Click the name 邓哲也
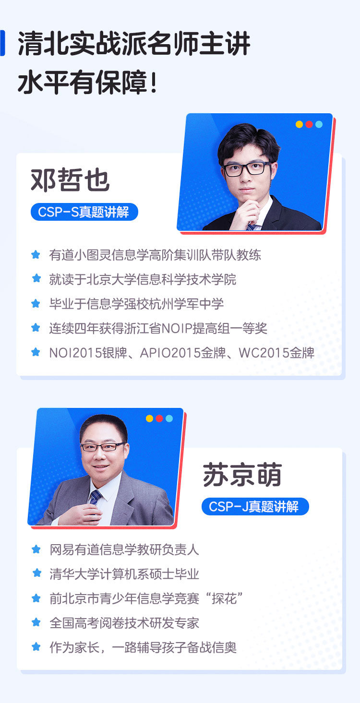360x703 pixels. [70, 179]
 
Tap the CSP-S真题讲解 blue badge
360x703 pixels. [84, 212]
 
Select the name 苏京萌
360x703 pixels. [242, 475]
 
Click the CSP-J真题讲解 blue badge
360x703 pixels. [255, 506]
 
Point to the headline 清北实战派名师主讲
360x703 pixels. [134, 44]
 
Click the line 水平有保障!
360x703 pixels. [87, 83]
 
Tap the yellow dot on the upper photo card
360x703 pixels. [299, 124]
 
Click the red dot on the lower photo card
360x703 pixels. [159, 418]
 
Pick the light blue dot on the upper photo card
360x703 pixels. [319, 124]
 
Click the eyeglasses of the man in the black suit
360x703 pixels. [247, 169]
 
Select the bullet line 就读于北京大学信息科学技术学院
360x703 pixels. [143, 279]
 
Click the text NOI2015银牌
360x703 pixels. [88, 353]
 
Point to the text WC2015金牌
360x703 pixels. [276, 353]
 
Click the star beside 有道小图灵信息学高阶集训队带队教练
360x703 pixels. [36, 254]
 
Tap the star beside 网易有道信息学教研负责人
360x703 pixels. [36, 549]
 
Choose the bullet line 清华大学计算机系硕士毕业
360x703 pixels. [124, 574]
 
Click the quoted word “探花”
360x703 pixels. [224, 598]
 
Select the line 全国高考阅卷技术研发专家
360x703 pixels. [124, 623]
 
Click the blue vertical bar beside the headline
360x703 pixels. [2, 43]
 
